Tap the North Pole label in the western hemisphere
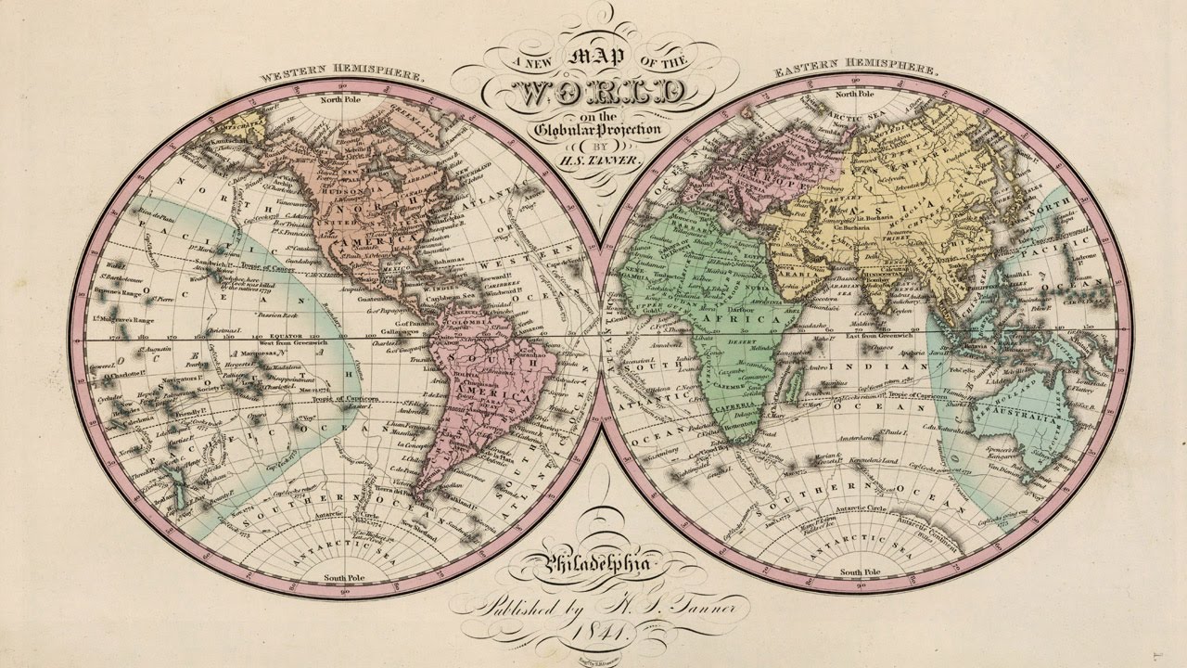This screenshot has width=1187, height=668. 342,100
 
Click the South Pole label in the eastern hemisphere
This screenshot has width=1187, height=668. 857,572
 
